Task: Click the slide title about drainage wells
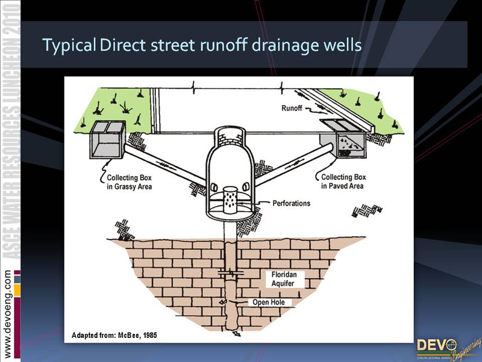[202, 46]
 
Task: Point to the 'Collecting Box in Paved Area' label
[343, 182]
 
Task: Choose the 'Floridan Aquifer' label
[284, 278]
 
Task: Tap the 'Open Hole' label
[272, 302]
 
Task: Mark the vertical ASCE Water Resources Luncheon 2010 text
[10, 139]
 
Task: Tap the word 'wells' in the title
[342, 46]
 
